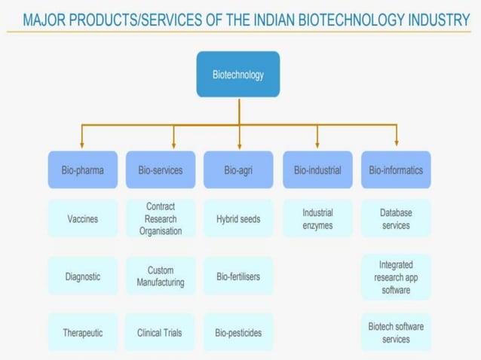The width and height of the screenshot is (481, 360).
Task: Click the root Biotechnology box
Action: pyautogui.click(x=238, y=75)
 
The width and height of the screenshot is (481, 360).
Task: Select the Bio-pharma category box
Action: pyautogui.click(x=83, y=170)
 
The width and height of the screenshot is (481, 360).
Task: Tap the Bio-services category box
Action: pyautogui.click(x=161, y=170)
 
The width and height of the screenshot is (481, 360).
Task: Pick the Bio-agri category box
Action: pyautogui.click(x=238, y=170)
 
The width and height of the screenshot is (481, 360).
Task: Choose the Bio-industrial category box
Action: pyautogui.click(x=317, y=170)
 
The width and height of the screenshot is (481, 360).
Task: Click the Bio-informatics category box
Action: pyautogui.click(x=396, y=170)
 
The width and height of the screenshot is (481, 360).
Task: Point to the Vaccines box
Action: pyautogui.click(x=83, y=219)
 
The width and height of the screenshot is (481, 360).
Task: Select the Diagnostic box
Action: pyautogui.click(x=83, y=276)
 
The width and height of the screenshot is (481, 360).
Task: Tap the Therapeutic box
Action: pyautogui.click(x=83, y=332)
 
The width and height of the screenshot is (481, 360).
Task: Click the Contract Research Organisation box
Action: pyautogui.click(x=161, y=219)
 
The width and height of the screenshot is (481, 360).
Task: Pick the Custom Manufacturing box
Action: pyautogui.click(x=161, y=276)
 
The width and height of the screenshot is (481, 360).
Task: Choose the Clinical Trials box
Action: pyautogui.click(x=161, y=332)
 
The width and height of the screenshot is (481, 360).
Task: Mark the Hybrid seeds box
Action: pyautogui.click(x=238, y=219)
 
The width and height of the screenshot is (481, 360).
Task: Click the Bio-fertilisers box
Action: pyautogui.click(x=238, y=276)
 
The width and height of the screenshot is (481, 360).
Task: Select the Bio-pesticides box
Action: pyautogui.click(x=238, y=332)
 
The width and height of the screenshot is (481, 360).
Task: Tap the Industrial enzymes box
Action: pyautogui.click(x=317, y=219)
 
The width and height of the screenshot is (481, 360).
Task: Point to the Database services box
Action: pyautogui.click(x=396, y=219)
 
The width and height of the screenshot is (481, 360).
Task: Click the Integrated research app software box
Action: pyautogui.click(x=396, y=276)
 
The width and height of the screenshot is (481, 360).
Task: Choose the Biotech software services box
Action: pyautogui.click(x=396, y=332)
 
